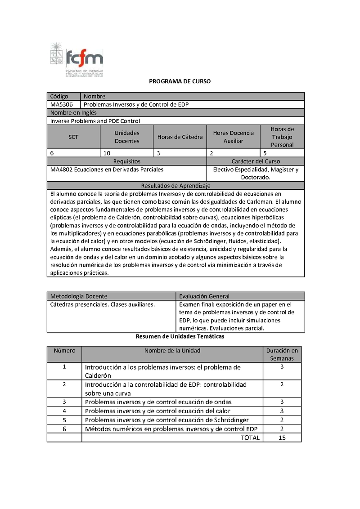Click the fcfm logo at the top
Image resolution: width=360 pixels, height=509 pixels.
[x=76, y=60]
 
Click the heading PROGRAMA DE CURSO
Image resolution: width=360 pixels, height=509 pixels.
[x=180, y=82]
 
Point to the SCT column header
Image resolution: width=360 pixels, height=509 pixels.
[x=73, y=137]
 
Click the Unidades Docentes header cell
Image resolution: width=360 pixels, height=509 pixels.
[x=127, y=137]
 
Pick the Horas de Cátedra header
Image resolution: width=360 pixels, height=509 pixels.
[x=180, y=137]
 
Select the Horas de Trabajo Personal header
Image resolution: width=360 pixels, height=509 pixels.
[x=282, y=137]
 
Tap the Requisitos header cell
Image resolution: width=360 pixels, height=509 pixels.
[x=127, y=161]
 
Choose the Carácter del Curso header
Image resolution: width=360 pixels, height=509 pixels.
[x=256, y=161]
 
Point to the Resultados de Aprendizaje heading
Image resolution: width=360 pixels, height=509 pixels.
[x=175, y=186]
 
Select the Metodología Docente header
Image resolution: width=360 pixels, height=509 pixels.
[x=79, y=296]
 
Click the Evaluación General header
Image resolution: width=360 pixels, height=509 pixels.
[x=204, y=296]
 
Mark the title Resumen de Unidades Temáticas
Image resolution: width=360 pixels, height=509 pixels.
[x=180, y=336]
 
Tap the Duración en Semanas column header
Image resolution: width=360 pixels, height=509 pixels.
[x=282, y=354]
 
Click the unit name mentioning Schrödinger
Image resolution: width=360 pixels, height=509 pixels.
[x=166, y=420]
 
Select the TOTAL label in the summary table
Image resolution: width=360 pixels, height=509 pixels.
[x=250, y=438]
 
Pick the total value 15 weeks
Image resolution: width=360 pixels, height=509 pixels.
[x=282, y=438]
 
